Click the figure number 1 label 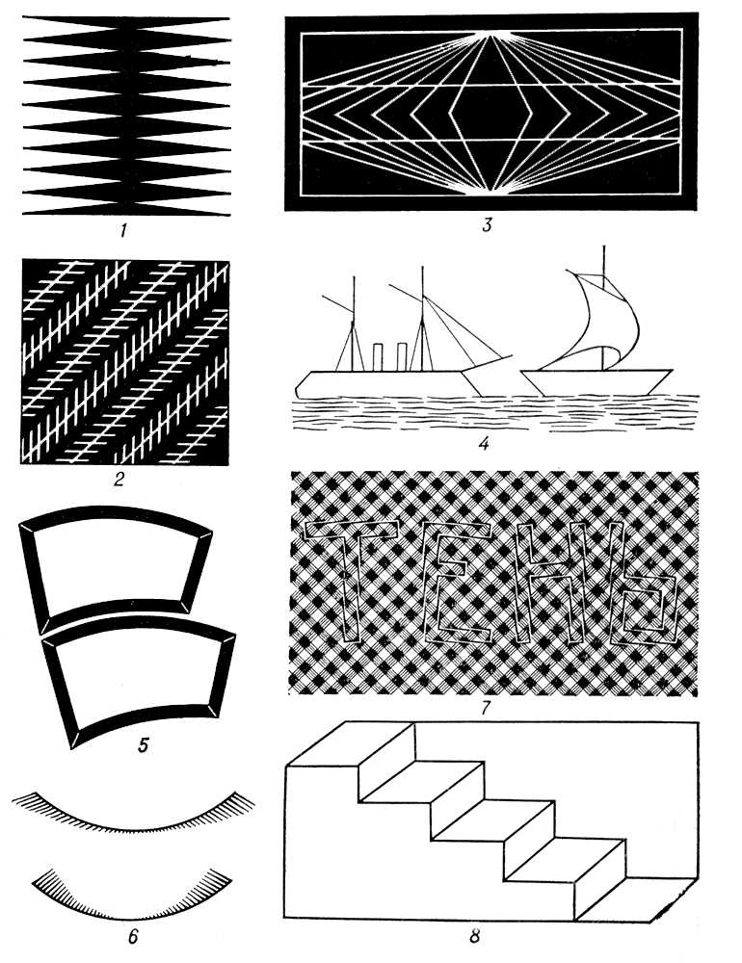pos(124,231)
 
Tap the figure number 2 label pos(119,479)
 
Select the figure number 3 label pos(487,225)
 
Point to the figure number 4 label pos(484,443)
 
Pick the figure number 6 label pos(133,937)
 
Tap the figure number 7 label pos(485,708)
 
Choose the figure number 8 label pos(474,937)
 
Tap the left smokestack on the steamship pos(378,357)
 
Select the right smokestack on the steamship pos(402,357)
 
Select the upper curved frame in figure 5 pos(117,515)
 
